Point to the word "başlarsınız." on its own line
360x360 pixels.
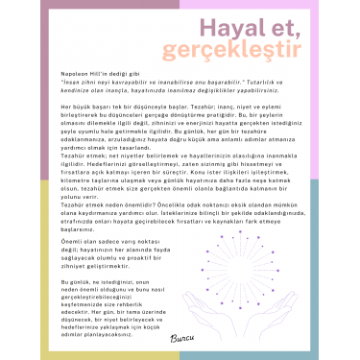(80, 230)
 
